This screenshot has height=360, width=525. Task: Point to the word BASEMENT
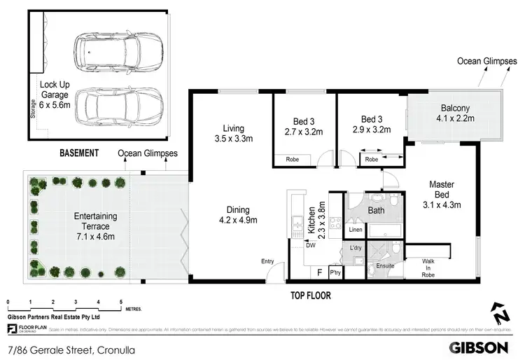78,153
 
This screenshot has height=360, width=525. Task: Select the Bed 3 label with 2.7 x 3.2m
299,125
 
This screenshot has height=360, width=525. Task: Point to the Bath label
376,210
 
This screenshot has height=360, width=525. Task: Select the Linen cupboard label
356,230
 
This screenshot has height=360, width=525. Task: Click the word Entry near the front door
267,261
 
